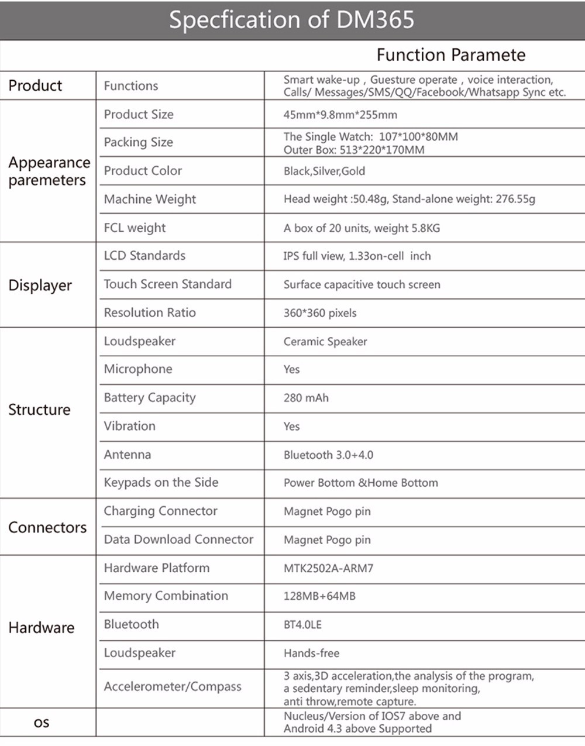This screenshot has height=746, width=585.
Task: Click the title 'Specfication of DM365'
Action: click(291, 20)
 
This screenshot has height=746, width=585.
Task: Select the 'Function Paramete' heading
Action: click(450, 55)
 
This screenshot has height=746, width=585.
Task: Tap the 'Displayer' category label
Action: click(40, 286)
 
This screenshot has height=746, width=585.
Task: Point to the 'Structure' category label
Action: click(39, 410)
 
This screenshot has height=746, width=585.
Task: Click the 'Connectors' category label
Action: click(47, 527)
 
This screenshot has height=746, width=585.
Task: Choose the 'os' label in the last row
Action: click(42, 723)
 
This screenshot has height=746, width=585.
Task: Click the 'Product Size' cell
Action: click(139, 114)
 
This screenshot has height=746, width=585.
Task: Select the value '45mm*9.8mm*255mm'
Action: click(340, 115)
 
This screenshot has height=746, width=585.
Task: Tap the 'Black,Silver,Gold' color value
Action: click(324, 171)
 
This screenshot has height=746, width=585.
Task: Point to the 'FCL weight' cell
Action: click(135, 228)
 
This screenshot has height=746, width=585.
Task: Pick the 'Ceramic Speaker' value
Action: click(325, 342)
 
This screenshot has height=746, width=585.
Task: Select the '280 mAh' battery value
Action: click(306, 398)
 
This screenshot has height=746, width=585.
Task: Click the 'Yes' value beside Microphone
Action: click(291, 370)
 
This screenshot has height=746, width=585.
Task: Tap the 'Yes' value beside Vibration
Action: click(291, 427)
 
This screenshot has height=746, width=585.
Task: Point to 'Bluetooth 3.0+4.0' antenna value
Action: click(328, 455)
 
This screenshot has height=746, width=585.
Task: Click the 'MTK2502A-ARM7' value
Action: click(328, 568)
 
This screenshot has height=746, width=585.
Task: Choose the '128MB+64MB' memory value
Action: click(319, 596)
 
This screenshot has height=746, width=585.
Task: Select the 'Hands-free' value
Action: click(311, 653)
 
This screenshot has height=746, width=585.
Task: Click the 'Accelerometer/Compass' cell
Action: click(173, 686)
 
